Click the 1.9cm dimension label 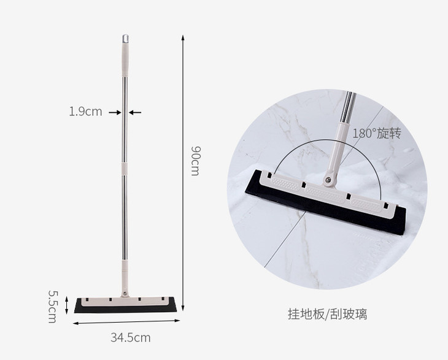coord(85,112)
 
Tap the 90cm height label coord(196,161)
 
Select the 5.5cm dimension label coord(53,307)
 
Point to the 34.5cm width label coord(131,338)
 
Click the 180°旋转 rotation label coord(377,133)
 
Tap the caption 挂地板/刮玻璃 coord(328,315)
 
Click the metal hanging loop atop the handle coord(125,39)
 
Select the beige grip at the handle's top coord(125,59)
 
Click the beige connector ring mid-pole coord(125,169)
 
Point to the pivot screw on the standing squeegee coord(125,294)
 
